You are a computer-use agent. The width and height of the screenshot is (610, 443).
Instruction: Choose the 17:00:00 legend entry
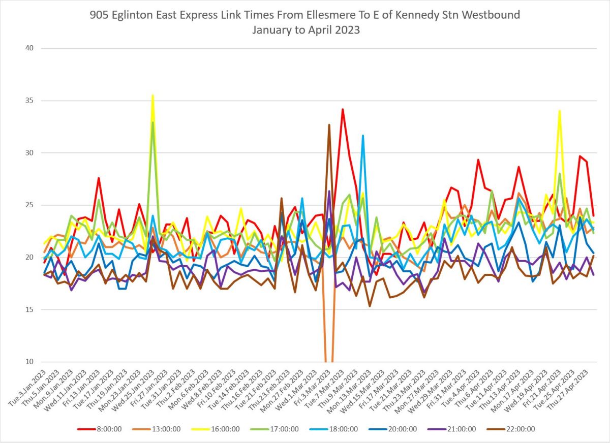[285, 429]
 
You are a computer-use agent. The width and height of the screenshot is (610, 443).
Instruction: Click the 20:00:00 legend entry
[403, 429]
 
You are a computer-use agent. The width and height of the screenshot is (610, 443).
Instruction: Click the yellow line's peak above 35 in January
[152, 95]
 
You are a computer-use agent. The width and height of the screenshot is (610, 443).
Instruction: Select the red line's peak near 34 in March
[343, 109]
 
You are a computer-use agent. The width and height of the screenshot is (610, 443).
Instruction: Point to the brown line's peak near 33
[329, 124]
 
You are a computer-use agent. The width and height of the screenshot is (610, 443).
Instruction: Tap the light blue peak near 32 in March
[363, 135]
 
